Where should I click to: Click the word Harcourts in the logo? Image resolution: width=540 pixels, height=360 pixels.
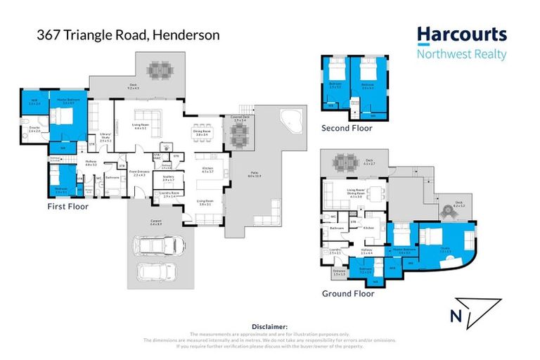[461, 35]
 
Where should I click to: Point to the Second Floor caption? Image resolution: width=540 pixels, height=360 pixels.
[347, 128]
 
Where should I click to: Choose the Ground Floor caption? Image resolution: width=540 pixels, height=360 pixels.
[348, 293]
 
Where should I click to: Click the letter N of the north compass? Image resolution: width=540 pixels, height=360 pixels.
[456, 317]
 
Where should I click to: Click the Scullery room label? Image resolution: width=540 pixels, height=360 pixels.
[168, 178]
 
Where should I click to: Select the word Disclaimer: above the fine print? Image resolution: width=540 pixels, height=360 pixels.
[270, 327]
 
